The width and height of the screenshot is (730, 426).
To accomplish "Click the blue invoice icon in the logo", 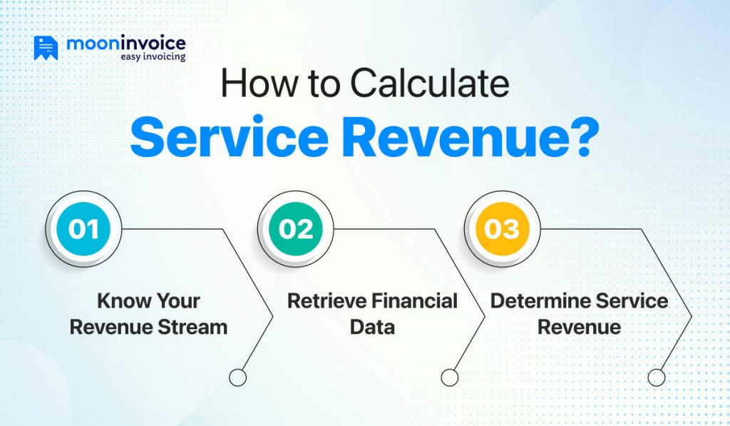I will pyautogui.click(x=46, y=47).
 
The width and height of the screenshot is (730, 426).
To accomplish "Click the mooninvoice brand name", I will pyautogui.click(x=125, y=44).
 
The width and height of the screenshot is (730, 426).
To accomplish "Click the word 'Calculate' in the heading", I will pyautogui.click(x=429, y=84).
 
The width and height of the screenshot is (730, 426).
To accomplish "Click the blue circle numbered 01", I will pyautogui.click(x=83, y=229).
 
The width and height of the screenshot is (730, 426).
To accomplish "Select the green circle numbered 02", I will pyautogui.click(x=295, y=229).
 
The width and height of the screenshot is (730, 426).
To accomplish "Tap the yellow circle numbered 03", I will pyautogui.click(x=502, y=229).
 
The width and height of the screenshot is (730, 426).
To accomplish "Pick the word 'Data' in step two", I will pyautogui.click(x=372, y=327).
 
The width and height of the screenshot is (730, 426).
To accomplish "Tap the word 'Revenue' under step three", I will pyautogui.click(x=579, y=327).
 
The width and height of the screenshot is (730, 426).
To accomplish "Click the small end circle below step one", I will pyautogui.click(x=238, y=377).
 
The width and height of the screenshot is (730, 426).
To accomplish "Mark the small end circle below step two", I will pyautogui.click(x=449, y=377).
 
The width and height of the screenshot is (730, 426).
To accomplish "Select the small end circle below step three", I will pyautogui.click(x=656, y=377).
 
